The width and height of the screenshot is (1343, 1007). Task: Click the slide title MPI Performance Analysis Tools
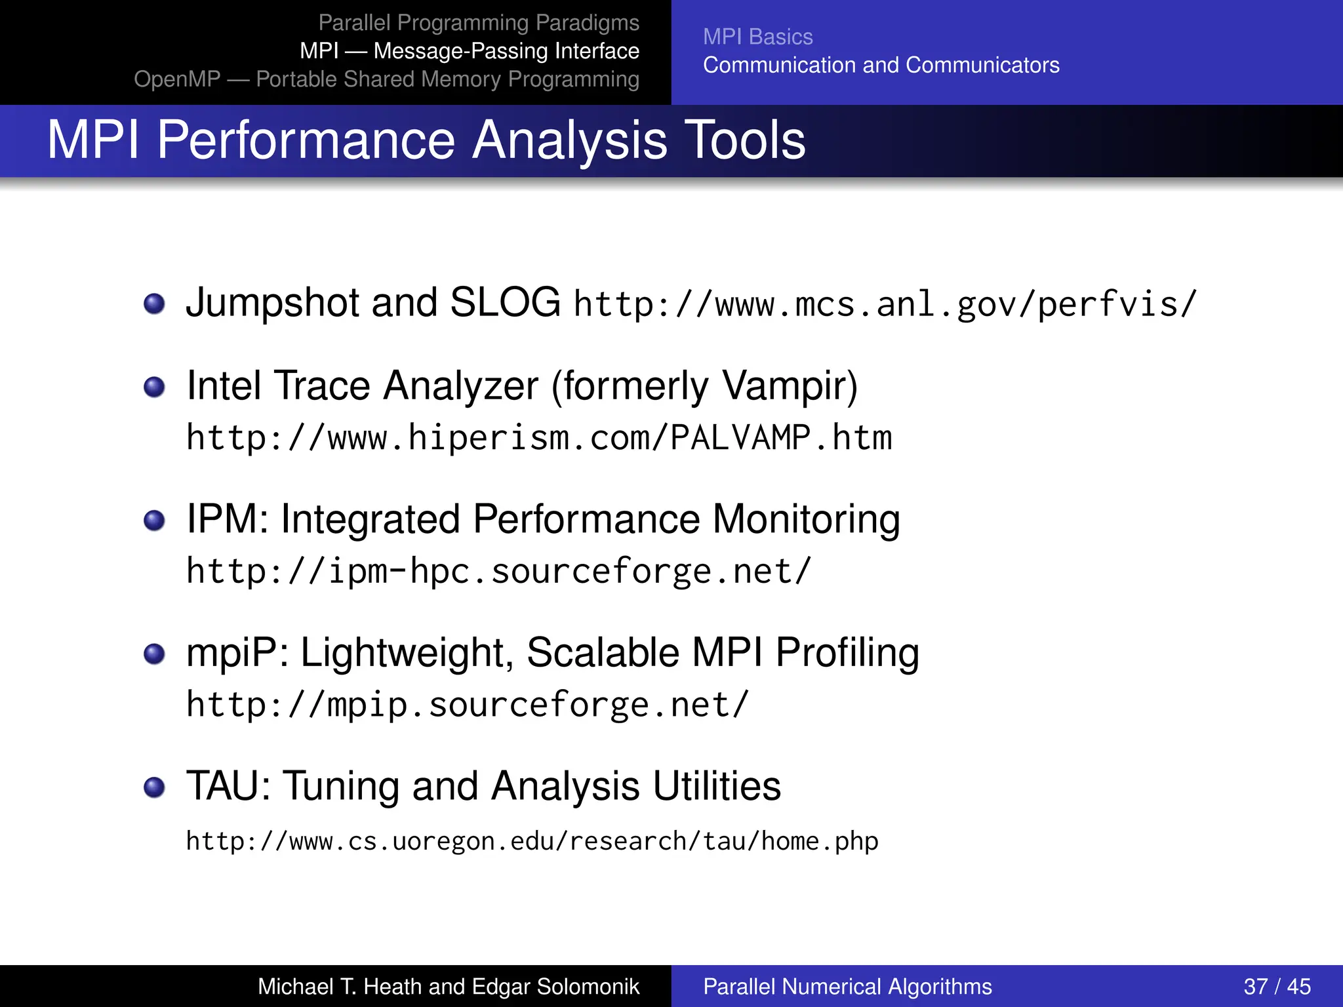(x=426, y=140)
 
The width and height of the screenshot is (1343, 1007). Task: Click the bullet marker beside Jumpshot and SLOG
(x=154, y=304)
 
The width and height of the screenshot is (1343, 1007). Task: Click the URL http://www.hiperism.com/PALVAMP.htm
(x=539, y=438)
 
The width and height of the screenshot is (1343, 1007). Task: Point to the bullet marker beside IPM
(x=154, y=521)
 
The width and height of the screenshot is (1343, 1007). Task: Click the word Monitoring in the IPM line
(x=806, y=520)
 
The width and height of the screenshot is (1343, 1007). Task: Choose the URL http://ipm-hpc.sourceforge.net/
(x=498, y=572)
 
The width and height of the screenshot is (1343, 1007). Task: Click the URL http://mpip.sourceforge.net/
(x=467, y=705)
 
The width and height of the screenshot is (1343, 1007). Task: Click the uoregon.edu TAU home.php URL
(x=532, y=841)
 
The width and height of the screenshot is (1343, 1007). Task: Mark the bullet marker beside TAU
(x=154, y=787)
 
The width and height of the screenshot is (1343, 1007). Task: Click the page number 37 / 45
(x=1276, y=986)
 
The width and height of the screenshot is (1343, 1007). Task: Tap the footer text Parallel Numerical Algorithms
(x=847, y=986)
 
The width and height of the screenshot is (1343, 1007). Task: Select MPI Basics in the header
(x=757, y=37)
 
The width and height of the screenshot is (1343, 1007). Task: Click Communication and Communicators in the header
(x=881, y=65)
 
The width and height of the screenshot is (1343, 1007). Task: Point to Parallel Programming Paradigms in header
(x=478, y=23)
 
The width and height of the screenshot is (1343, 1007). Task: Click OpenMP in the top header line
(x=177, y=79)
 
